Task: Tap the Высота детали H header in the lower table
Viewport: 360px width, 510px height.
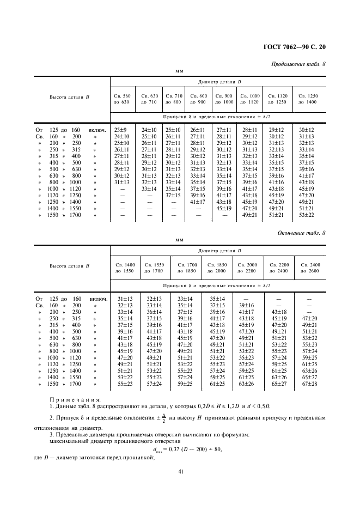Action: click(x=70, y=266)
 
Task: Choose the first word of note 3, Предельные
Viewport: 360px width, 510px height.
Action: click(x=72, y=435)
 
